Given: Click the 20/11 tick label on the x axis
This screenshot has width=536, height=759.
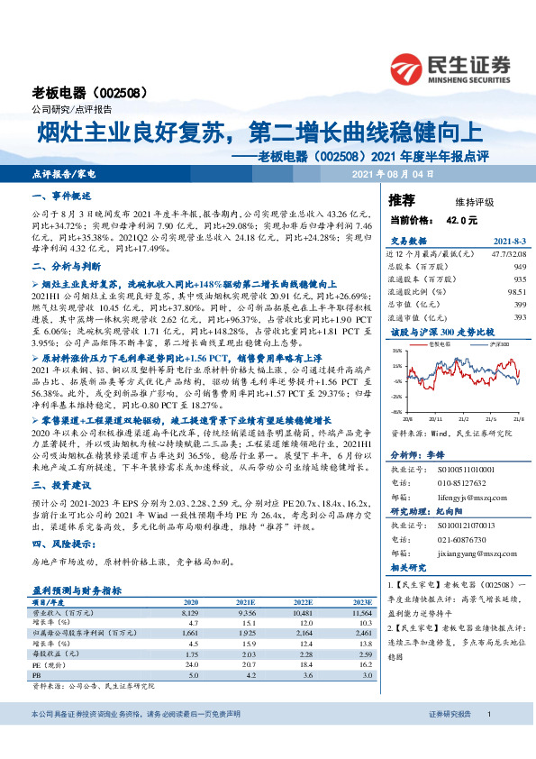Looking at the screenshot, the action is tap(437, 418).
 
